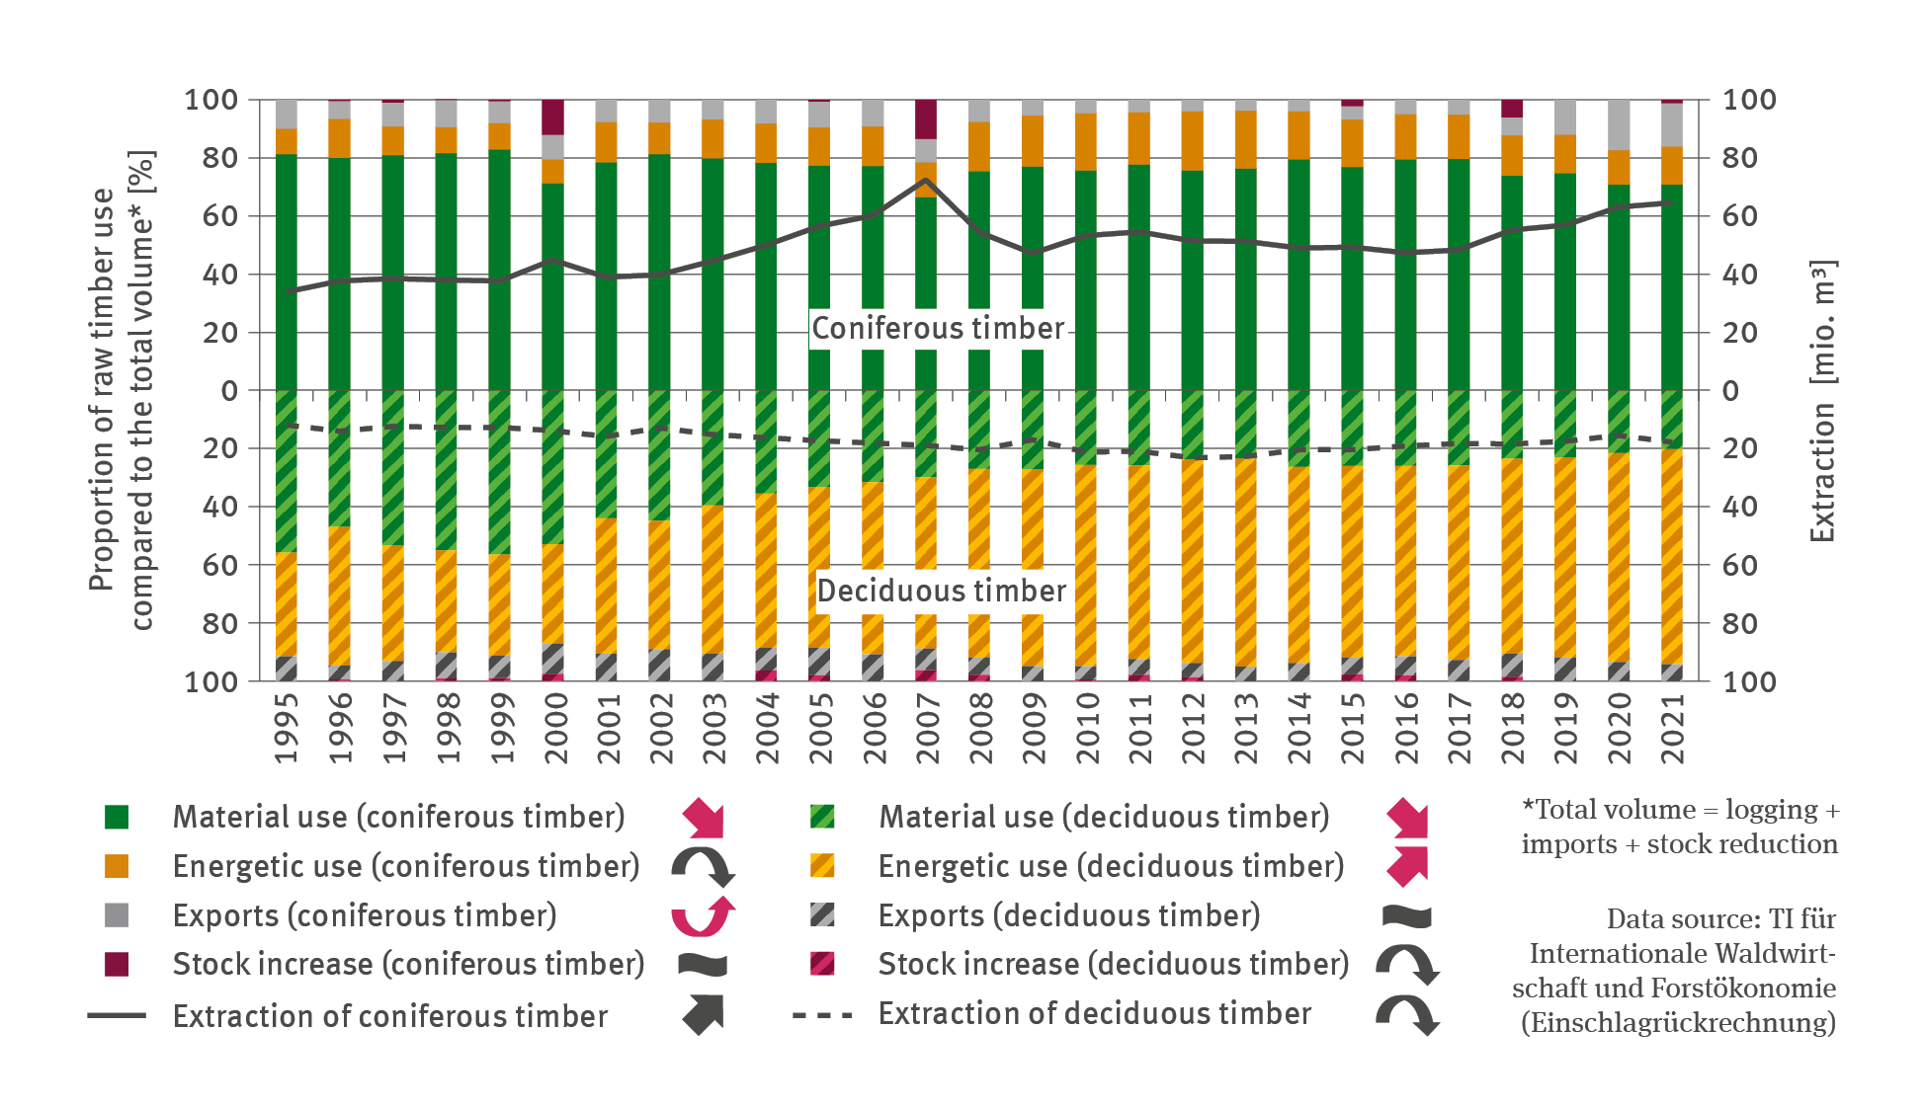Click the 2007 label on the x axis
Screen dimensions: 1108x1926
[x=927, y=728]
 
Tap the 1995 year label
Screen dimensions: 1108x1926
[x=287, y=728]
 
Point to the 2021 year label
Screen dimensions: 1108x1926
[x=1672, y=728]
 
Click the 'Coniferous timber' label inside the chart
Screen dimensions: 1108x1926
[x=937, y=328]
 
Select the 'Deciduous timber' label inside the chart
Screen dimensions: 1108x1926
[x=941, y=591]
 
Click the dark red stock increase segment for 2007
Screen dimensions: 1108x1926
[x=926, y=119]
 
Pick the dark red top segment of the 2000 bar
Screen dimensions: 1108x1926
[x=552, y=117]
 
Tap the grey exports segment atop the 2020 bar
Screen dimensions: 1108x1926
[x=1619, y=124]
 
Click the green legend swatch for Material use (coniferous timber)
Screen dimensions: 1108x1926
[x=117, y=817]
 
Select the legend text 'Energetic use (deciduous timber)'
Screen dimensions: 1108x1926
[x=1111, y=866]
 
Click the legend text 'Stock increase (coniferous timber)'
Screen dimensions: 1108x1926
[x=408, y=964]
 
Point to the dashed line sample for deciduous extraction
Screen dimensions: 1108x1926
[x=821, y=1014]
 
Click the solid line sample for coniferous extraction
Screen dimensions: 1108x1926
[x=117, y=1015]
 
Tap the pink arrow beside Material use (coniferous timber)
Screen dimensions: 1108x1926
[x=704, y=818]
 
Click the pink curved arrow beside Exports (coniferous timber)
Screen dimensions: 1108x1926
[x=703, y=915]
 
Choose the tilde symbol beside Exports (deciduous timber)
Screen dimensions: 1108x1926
[x=1406, y=915]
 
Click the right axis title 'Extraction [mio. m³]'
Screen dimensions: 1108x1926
[x=1821, y=400]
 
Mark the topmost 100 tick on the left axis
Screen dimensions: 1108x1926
[x=211, y=100]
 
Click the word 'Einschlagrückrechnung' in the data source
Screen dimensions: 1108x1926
[x=1678, y=1022]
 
